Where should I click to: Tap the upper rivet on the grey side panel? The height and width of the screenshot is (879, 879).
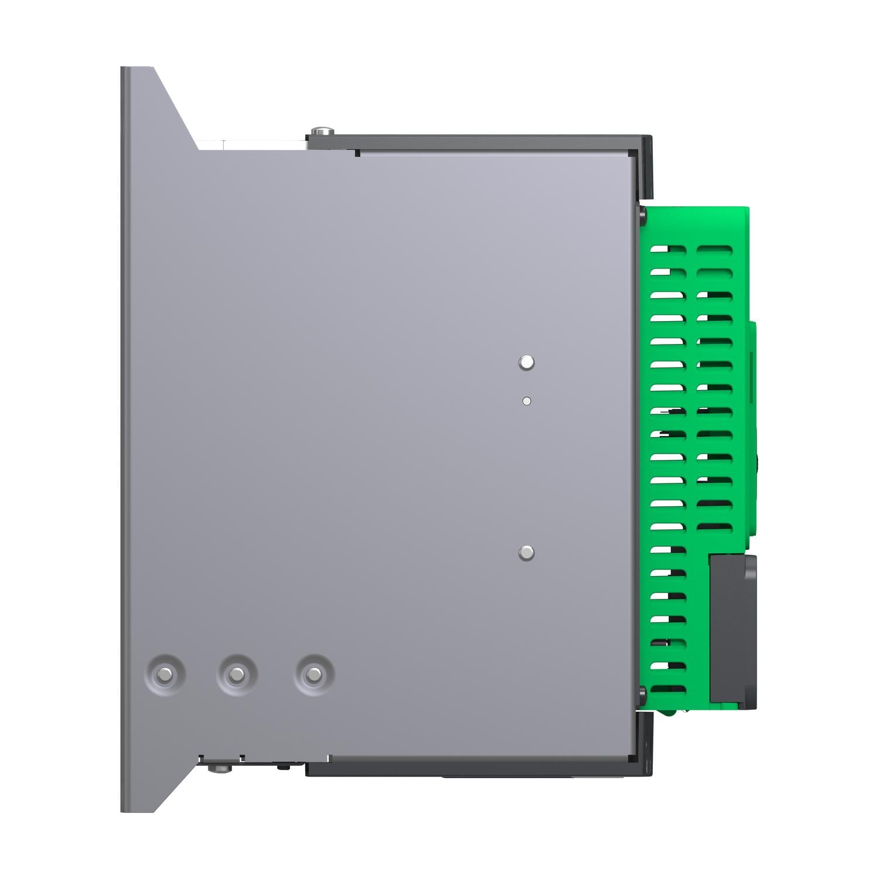[526, 362]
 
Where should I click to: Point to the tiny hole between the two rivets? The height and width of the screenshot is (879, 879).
[526, 401]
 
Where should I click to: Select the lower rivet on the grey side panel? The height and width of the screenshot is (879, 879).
[526, 553]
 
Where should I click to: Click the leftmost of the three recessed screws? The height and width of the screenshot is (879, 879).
[166, 674]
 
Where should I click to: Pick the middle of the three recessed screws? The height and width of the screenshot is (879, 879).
[237, 674]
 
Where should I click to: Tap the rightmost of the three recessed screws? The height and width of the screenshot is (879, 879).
[314, 674]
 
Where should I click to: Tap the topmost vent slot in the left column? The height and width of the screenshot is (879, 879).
[668, 250]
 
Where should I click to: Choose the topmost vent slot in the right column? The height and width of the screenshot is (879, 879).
[714, 250]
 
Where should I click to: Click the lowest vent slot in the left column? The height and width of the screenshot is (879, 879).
[668, 689]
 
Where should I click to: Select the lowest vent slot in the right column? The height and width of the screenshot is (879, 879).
[714, 526]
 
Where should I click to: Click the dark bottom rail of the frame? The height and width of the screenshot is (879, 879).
[481, 769]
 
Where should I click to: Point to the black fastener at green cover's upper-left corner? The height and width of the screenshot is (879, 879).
[643, 214]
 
